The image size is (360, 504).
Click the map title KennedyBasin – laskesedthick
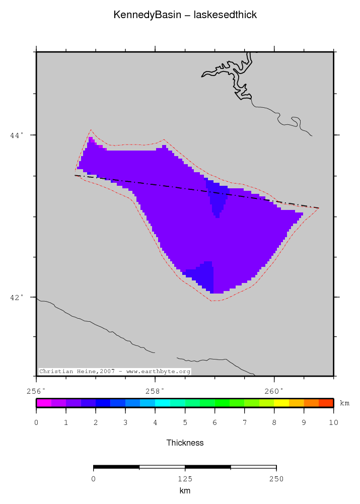click(x=185, y=15)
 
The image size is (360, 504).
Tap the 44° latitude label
click(x=17, y=135)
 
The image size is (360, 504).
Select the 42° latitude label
click(x=17, y=297)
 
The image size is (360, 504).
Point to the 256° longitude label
click(x=36, y=391)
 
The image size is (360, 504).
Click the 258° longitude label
click(x=155, y=391)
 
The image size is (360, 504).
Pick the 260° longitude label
click(x=274, y=391)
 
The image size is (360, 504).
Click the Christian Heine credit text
click(x=115, y=372)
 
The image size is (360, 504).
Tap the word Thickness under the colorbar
click(x=185, y=443)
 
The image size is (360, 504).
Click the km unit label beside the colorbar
click(x=344, y=403)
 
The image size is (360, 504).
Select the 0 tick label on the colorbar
click(x=36, y=422)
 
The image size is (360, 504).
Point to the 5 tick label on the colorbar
click(x=185, y=422)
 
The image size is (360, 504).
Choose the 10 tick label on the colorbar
click(x=333, y=422)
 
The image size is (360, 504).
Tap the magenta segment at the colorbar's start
click(x=44, y=403)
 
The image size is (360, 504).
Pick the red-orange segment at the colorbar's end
click(x=326, y=403)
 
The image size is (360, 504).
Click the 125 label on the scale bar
click(x=185, y=479)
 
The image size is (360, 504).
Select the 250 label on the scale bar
click(x=276, y=479)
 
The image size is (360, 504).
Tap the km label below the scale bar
click(x=185, y=490)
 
